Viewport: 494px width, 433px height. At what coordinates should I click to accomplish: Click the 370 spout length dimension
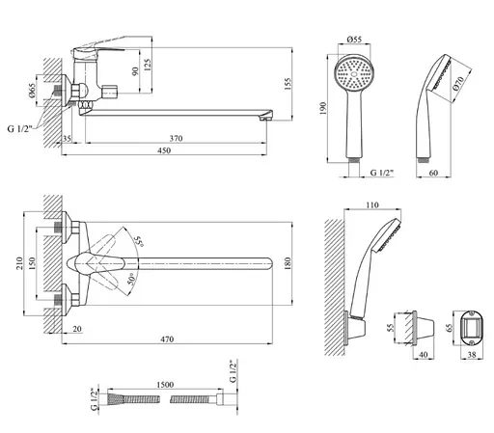pyautogui.click(x=176, y=138)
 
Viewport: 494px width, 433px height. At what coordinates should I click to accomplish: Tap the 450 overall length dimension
pyautogui.click(x=164, y=150)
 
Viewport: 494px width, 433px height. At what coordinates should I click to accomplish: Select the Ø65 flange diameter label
pyautogui.click(x=32, y=91)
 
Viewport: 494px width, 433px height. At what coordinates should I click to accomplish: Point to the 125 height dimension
pyautogui.click(x=148, y=66)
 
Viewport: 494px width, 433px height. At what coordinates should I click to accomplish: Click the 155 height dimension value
pyautogui.click(x=288, y=84)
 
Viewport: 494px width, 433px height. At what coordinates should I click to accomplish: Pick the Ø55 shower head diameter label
pyautogui.click(x=354, y=40)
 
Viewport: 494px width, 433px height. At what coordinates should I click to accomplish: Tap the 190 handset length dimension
pyautogui.click(x=323, y=108)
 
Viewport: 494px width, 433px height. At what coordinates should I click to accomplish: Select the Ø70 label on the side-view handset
pyautogui.click(x=458, y=84)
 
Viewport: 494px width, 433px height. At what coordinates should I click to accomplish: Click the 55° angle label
pyautogui.click(x=139, y=241)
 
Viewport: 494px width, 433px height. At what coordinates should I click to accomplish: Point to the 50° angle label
pyautogui.click(x=131, y=279)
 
